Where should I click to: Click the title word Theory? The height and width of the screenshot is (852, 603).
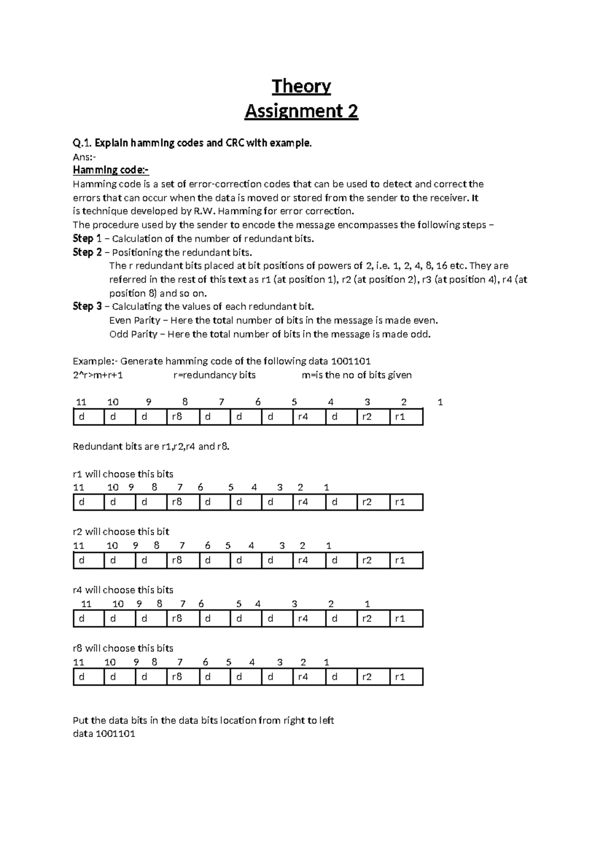click(301, 86)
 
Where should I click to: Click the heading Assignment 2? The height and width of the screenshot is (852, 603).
click(301, 111)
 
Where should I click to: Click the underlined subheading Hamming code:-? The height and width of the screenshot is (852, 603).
click(111, 170)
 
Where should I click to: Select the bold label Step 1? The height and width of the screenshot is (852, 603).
click(87, 238)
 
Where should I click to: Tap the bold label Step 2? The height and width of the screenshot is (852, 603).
click(87, 252)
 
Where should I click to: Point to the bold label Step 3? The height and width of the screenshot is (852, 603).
click(87, 306)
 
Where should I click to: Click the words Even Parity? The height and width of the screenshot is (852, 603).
click(135, 321)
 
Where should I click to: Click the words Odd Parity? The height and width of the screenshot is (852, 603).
click(133, 334)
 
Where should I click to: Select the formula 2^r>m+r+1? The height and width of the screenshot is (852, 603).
click(98, 375)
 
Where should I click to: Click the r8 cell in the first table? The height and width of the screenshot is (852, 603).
click(177, 417)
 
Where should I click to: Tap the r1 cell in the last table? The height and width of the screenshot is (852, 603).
click(400, 677)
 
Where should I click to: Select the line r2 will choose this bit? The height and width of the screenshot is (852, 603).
click(121, 531)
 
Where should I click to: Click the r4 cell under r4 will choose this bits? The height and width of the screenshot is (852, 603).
click(303, 619)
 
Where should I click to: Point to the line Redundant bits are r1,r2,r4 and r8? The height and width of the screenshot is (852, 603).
click(151, 446)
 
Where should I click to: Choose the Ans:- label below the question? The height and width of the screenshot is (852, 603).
click(84, 157)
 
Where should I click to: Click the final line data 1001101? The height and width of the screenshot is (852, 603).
click(104, 734)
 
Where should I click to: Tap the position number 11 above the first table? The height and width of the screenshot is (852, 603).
click(81, 402)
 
